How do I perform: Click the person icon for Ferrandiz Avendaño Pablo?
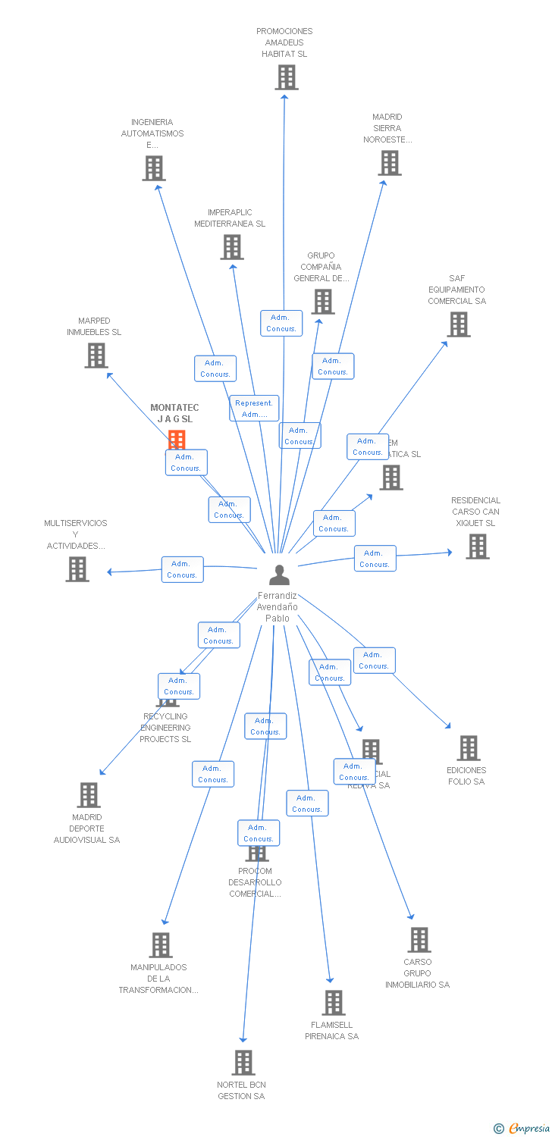coord(279,575)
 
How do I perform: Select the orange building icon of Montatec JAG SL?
coord(177,439)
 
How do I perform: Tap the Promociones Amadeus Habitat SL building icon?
coord(287,77)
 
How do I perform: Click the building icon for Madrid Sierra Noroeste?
coord(390,163)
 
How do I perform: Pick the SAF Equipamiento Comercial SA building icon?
coord(458,324)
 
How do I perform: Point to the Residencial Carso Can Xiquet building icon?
coord(477,546)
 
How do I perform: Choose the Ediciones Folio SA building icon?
coord(468,748)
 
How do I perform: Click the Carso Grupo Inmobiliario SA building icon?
coord(419,940)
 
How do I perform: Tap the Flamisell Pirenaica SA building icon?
coord(333,1003)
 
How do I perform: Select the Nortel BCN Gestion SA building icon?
coord(243,1063)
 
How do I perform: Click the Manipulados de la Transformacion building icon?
coord(161,945)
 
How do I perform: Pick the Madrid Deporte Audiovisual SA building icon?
coord(89,795)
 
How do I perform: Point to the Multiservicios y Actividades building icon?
coord(77,568)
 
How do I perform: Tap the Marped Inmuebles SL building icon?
coord(96,356)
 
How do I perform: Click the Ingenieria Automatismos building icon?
coord(153,168)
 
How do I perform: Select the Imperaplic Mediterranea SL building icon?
coord(232,247)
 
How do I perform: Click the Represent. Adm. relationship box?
coord(254,409)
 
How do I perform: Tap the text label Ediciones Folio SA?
coord(466,775)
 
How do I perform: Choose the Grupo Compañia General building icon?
coord(323,302)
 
